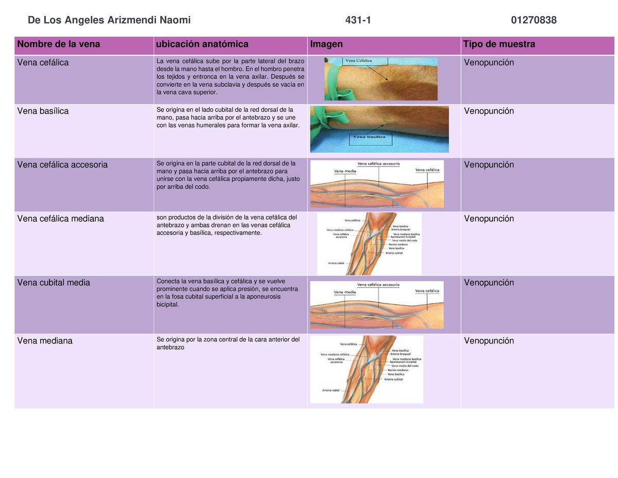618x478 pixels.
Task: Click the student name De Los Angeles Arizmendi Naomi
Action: click(x=109, y=20)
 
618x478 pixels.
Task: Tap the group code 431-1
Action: click(x=358, y=20)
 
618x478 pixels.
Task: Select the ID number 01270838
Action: click(x=534, y=20)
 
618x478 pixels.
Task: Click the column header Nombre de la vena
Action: click(x=59, y=44)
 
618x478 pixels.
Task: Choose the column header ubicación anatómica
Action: click(x=202, y=44)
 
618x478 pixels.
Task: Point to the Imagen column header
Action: click(x=327, y=44)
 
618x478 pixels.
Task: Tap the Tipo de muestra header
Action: click(x=500, y=44)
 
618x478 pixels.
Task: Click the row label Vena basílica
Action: click(x=43, y=111)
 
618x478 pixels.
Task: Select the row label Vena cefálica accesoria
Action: click(x=63, y=165)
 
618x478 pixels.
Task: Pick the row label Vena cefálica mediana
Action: click(x=61, y=219)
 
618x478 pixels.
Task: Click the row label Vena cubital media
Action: click(x=54, y=283)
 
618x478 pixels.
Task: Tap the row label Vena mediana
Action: click(x=45, y=341)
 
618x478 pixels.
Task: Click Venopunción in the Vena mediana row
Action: click(x=489, y=341)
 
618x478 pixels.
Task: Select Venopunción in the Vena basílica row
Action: click(x=489, y=111)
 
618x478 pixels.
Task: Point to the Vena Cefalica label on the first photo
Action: click(x=359, y=60)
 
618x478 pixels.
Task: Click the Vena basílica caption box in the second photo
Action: click(x=372, y=138)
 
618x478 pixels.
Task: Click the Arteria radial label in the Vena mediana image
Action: click(x=331, y=390)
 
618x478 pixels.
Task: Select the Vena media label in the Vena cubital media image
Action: click(x=345, y=292)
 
